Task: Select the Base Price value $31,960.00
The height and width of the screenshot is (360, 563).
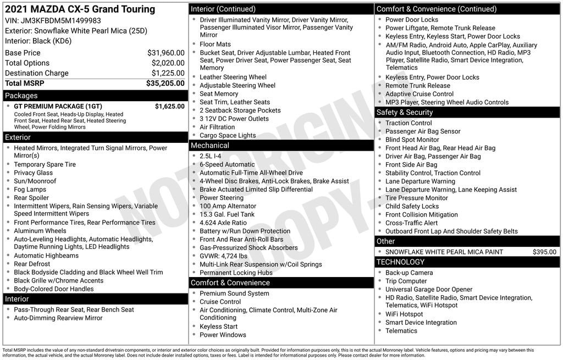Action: point(165,53)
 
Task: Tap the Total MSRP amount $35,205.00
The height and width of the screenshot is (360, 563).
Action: point(165,84)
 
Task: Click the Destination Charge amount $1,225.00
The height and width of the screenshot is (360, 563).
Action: point(168,73)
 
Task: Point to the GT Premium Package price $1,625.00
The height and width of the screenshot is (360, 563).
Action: point(169,106)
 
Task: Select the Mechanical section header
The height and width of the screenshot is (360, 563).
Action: point(209,146)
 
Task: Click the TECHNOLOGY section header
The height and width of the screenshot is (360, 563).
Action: point(400,262)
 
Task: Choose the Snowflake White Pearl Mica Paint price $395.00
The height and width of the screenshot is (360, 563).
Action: point(544,252)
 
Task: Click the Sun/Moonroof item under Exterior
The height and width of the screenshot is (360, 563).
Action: point(35,181)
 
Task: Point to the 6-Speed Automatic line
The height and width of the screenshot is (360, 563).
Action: point(227,164)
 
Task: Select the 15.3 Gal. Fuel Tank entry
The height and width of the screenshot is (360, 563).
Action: point(227,214)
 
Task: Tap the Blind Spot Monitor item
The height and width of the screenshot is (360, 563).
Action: point(412,140)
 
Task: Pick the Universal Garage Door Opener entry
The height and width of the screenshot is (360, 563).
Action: point(429,290)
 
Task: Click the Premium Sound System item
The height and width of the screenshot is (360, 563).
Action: point(234,293)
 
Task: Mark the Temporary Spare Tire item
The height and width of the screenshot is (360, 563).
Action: point(45,164)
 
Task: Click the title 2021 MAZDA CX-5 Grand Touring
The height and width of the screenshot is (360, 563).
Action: point(80,9)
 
